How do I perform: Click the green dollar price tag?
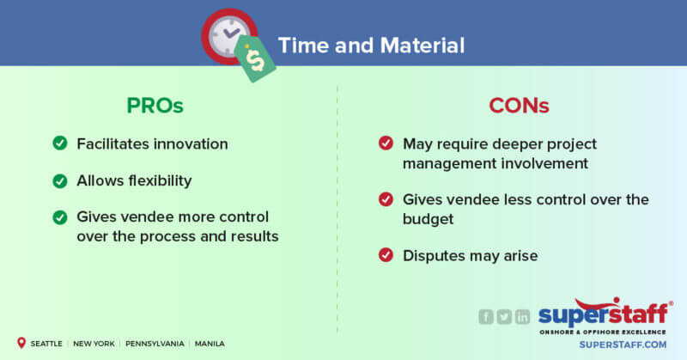pyautogui.click(x=255, y=58)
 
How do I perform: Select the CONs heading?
pyautogui.click(x=519, y=106)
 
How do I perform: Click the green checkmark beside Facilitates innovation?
pyautogui.click(x=59, y=143)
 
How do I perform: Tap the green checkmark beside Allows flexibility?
pyautogui.click(x=59, y=180)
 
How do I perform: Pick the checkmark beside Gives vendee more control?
pyautogui.click(x=59, y=217)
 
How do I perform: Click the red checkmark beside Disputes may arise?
pyautogui.click(x=386, y=254)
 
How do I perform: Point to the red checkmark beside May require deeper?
pyautogui.click(x=386, y=143)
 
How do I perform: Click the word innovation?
pyautogui.click(x=187, y=143)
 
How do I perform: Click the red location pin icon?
pyautogui.click(x=21, y=343)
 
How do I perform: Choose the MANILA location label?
pyautogui.click(x=210, y=344)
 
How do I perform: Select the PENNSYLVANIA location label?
pyautogui.click(x=154, y=344)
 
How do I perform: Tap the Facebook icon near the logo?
pyautogui.click(x=486, y=316)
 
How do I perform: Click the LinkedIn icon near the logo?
pyautogui.click(x=522, y=316)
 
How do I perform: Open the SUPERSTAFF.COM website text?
pyautogui.click(x=611, y=344)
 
